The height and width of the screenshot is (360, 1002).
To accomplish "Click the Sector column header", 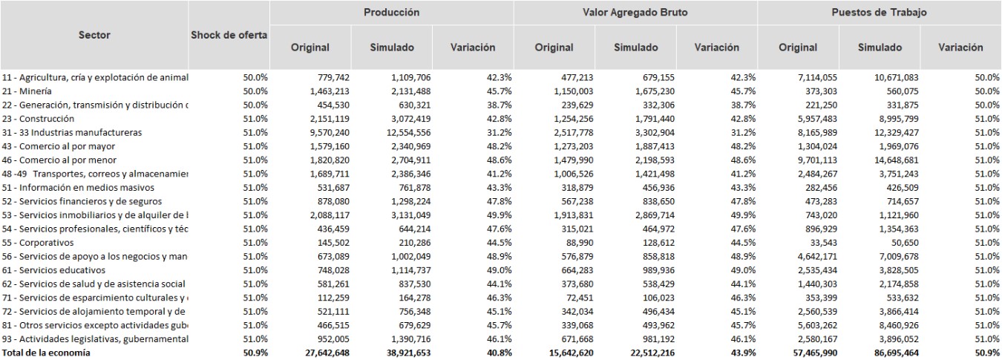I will [x=94, y=35].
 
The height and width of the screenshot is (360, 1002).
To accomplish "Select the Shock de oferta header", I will [x=229, y=35].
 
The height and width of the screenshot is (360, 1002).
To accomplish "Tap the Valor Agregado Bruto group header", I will [x=636, y=13].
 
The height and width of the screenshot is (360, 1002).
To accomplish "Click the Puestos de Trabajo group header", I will [x=880, y=13].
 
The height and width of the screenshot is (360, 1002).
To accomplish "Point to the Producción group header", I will [x=391, y=13].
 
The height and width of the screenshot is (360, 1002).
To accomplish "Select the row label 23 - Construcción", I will [x=38, y=118].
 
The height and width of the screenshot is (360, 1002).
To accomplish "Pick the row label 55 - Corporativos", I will [x=38, y=243].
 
